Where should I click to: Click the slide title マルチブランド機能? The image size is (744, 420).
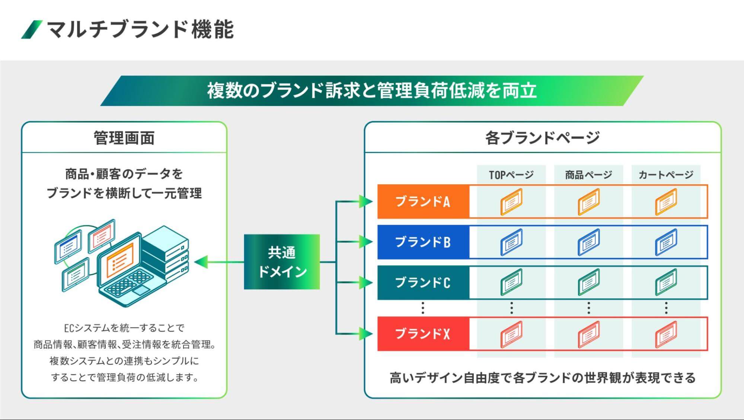tap(140, 30)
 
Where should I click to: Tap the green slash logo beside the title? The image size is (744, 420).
tap(32, 30)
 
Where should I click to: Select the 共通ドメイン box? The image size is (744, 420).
tap(282, 262)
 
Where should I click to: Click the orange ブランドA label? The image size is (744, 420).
tap(423, 201)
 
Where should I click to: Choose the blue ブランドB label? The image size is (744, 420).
tap(423, 242)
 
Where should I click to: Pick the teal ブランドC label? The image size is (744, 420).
tap(423, 282)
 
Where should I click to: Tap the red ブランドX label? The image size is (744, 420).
tap(423, 334)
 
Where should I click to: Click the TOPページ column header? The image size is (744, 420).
tap(511, 175)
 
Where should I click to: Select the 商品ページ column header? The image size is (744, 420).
tap(588, 175)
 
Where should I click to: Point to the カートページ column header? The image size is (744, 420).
tap(666, 175)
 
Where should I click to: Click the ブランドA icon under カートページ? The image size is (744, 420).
tap(666, 202)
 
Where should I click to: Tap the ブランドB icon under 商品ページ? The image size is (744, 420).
tap(588, 242)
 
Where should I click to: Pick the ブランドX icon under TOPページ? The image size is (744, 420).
tap(511, 334)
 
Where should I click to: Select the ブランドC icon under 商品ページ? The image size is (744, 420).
tap(588, 282)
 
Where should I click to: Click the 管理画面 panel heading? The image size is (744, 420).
tap(124, 138)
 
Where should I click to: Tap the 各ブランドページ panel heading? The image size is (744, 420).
tap(542, 138)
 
